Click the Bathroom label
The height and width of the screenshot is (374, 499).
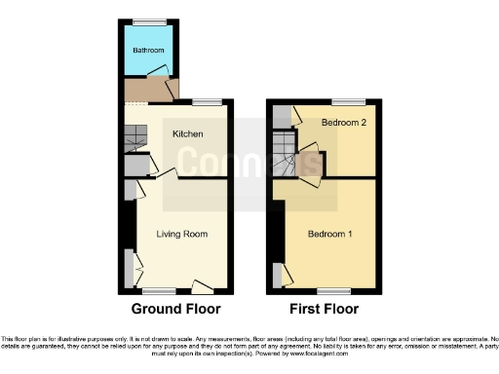(x=149, y=50)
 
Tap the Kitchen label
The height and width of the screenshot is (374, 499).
(x=187, y=133)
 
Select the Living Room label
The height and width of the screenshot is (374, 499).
(x=181, y=234)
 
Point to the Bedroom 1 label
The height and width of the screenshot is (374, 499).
(x=330, y=234)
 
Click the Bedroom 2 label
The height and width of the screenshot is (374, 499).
(x=343, y=122)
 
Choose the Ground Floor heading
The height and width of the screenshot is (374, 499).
(x=176, y=309)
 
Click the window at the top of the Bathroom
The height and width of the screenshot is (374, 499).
(x=149, y=21)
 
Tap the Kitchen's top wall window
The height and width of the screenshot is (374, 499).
(x=207, y=101)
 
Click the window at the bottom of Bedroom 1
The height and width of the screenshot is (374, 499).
(x=333, y=290)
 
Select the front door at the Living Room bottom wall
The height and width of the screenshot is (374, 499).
(x=203, y=288)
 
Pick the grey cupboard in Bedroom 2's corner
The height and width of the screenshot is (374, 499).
(x=282, y=116)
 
